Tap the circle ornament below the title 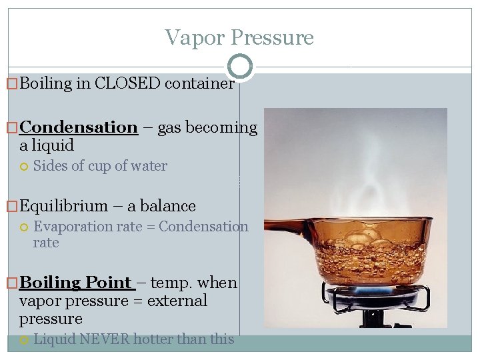click(x=240, y=66)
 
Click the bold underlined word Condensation click(x=79, y=127)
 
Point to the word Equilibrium click(x=63, y=206)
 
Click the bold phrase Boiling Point click(x=75, y=283)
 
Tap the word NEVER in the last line click(x=105, y=339)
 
